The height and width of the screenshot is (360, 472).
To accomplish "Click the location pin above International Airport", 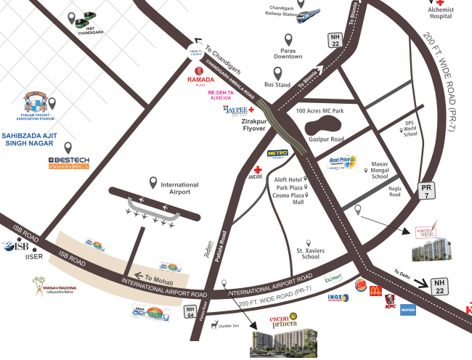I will click(x=153, y=181).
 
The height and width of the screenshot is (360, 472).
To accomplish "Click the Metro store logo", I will click(x=277, y=154).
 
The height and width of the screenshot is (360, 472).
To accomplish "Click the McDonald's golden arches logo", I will click(x=375, y=291).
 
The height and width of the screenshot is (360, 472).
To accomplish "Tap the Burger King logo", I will click(x=360, y=285).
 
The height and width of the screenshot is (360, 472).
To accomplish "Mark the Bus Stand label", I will click(x=277, y=85).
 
